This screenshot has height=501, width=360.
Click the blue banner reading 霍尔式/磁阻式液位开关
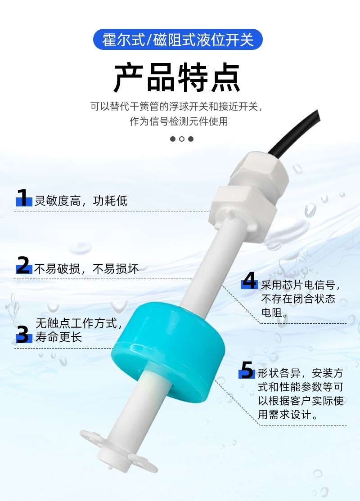178,39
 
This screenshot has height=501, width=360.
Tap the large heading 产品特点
177,78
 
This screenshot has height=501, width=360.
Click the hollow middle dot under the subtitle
182,139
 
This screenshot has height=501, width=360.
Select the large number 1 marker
23,197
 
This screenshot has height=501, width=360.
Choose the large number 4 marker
250,280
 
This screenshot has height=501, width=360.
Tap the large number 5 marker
247,370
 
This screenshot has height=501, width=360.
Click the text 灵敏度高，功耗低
81,201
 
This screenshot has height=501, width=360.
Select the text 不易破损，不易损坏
86,268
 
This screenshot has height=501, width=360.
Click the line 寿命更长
59,337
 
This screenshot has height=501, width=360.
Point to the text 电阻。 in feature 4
274,313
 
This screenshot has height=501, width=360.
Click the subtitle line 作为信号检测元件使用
178,121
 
